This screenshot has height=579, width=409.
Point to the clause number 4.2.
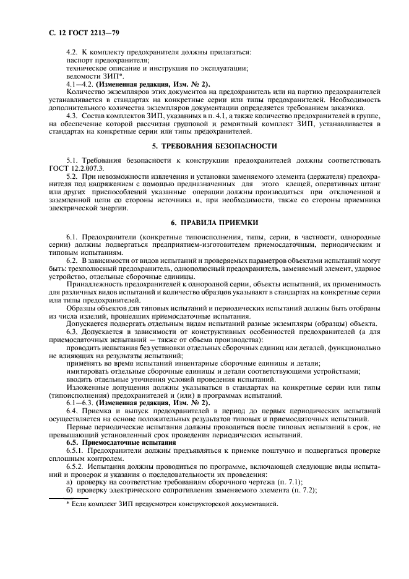pos(72,53)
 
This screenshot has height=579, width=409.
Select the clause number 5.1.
pos(72,161)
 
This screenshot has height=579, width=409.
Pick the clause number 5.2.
pos(72,176)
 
